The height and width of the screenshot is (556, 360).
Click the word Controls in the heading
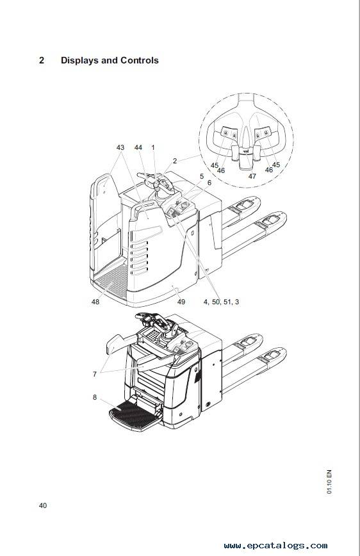(140, 60)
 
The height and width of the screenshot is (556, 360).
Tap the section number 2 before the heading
(42, 60)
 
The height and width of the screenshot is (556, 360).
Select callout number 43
(120, 147)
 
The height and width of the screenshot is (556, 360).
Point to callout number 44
(138, 147)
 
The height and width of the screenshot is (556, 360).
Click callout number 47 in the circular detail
(252, 176)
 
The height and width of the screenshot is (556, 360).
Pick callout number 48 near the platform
(95, 302)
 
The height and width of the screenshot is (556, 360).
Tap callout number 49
(181, 302)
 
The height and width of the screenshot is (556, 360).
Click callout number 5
(201, 176)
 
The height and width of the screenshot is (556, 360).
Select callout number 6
(209, 183)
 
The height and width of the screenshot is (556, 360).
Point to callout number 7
(95, 374)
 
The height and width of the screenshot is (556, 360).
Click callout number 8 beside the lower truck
(95, 397)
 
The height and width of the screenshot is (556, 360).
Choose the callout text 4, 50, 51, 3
(222, 302)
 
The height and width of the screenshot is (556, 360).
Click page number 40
(42, 505)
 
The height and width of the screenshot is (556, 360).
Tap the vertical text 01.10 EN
(329, 482)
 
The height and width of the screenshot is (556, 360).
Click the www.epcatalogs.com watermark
(275, 545)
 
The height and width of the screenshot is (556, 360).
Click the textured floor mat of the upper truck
(111, 282)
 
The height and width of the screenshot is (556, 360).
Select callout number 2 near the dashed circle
(174, 161)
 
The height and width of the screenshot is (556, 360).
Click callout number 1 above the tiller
(153, 147)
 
